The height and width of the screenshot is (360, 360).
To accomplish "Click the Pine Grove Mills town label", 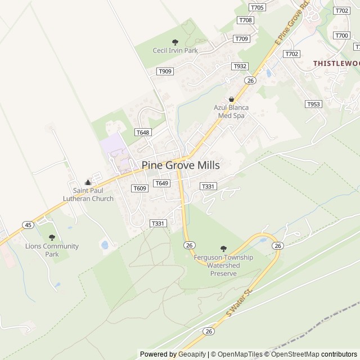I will click(181, 165).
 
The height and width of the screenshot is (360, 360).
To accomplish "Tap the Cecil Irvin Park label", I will click(175, 51).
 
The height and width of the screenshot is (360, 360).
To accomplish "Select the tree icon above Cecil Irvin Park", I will click(175, 42).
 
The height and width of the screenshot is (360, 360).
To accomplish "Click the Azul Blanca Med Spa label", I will click(231, 111).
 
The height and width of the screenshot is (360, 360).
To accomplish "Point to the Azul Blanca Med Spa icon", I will click(231, 99).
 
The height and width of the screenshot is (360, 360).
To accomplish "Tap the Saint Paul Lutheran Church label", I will click(88, 195).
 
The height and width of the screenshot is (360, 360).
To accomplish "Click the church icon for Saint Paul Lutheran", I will click(88, 182).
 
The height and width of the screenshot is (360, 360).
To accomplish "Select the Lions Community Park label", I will click(52, 250).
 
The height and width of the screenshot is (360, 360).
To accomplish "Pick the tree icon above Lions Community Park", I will click(52, 237).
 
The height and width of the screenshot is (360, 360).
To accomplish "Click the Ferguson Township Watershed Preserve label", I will click(223, 265).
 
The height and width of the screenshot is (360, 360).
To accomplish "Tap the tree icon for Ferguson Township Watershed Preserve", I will click(223, 249).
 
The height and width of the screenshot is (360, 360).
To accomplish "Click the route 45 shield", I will click(28, 225).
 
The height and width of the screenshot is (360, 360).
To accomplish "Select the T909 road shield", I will click(165, 71).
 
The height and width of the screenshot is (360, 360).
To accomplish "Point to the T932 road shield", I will click(240, 66).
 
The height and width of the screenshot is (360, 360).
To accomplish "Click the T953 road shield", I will click(313, 104).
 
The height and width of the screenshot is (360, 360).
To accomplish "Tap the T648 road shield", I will click(143, 132).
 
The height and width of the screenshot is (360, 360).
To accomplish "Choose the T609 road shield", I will click(139, 188).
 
